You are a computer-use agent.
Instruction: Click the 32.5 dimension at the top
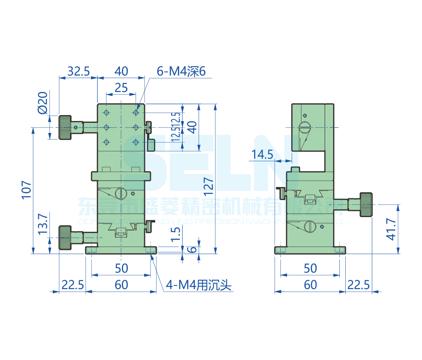(x=79, y=71)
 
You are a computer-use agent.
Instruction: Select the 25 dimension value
(x=121, y=88)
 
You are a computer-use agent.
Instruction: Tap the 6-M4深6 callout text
(x=181, y=71)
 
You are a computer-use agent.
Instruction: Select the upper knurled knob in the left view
(x=65, y=127)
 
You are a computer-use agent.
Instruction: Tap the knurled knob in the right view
(x=366, y=204)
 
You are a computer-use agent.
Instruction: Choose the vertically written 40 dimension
(x=192, y=127)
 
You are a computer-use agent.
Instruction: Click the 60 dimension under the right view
(x=310, y=285)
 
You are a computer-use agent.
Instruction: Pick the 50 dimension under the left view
(x=121, y=268)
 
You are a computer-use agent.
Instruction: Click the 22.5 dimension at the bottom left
(x=72, y=285)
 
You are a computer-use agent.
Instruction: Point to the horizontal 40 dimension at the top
(x=121, y=71)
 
